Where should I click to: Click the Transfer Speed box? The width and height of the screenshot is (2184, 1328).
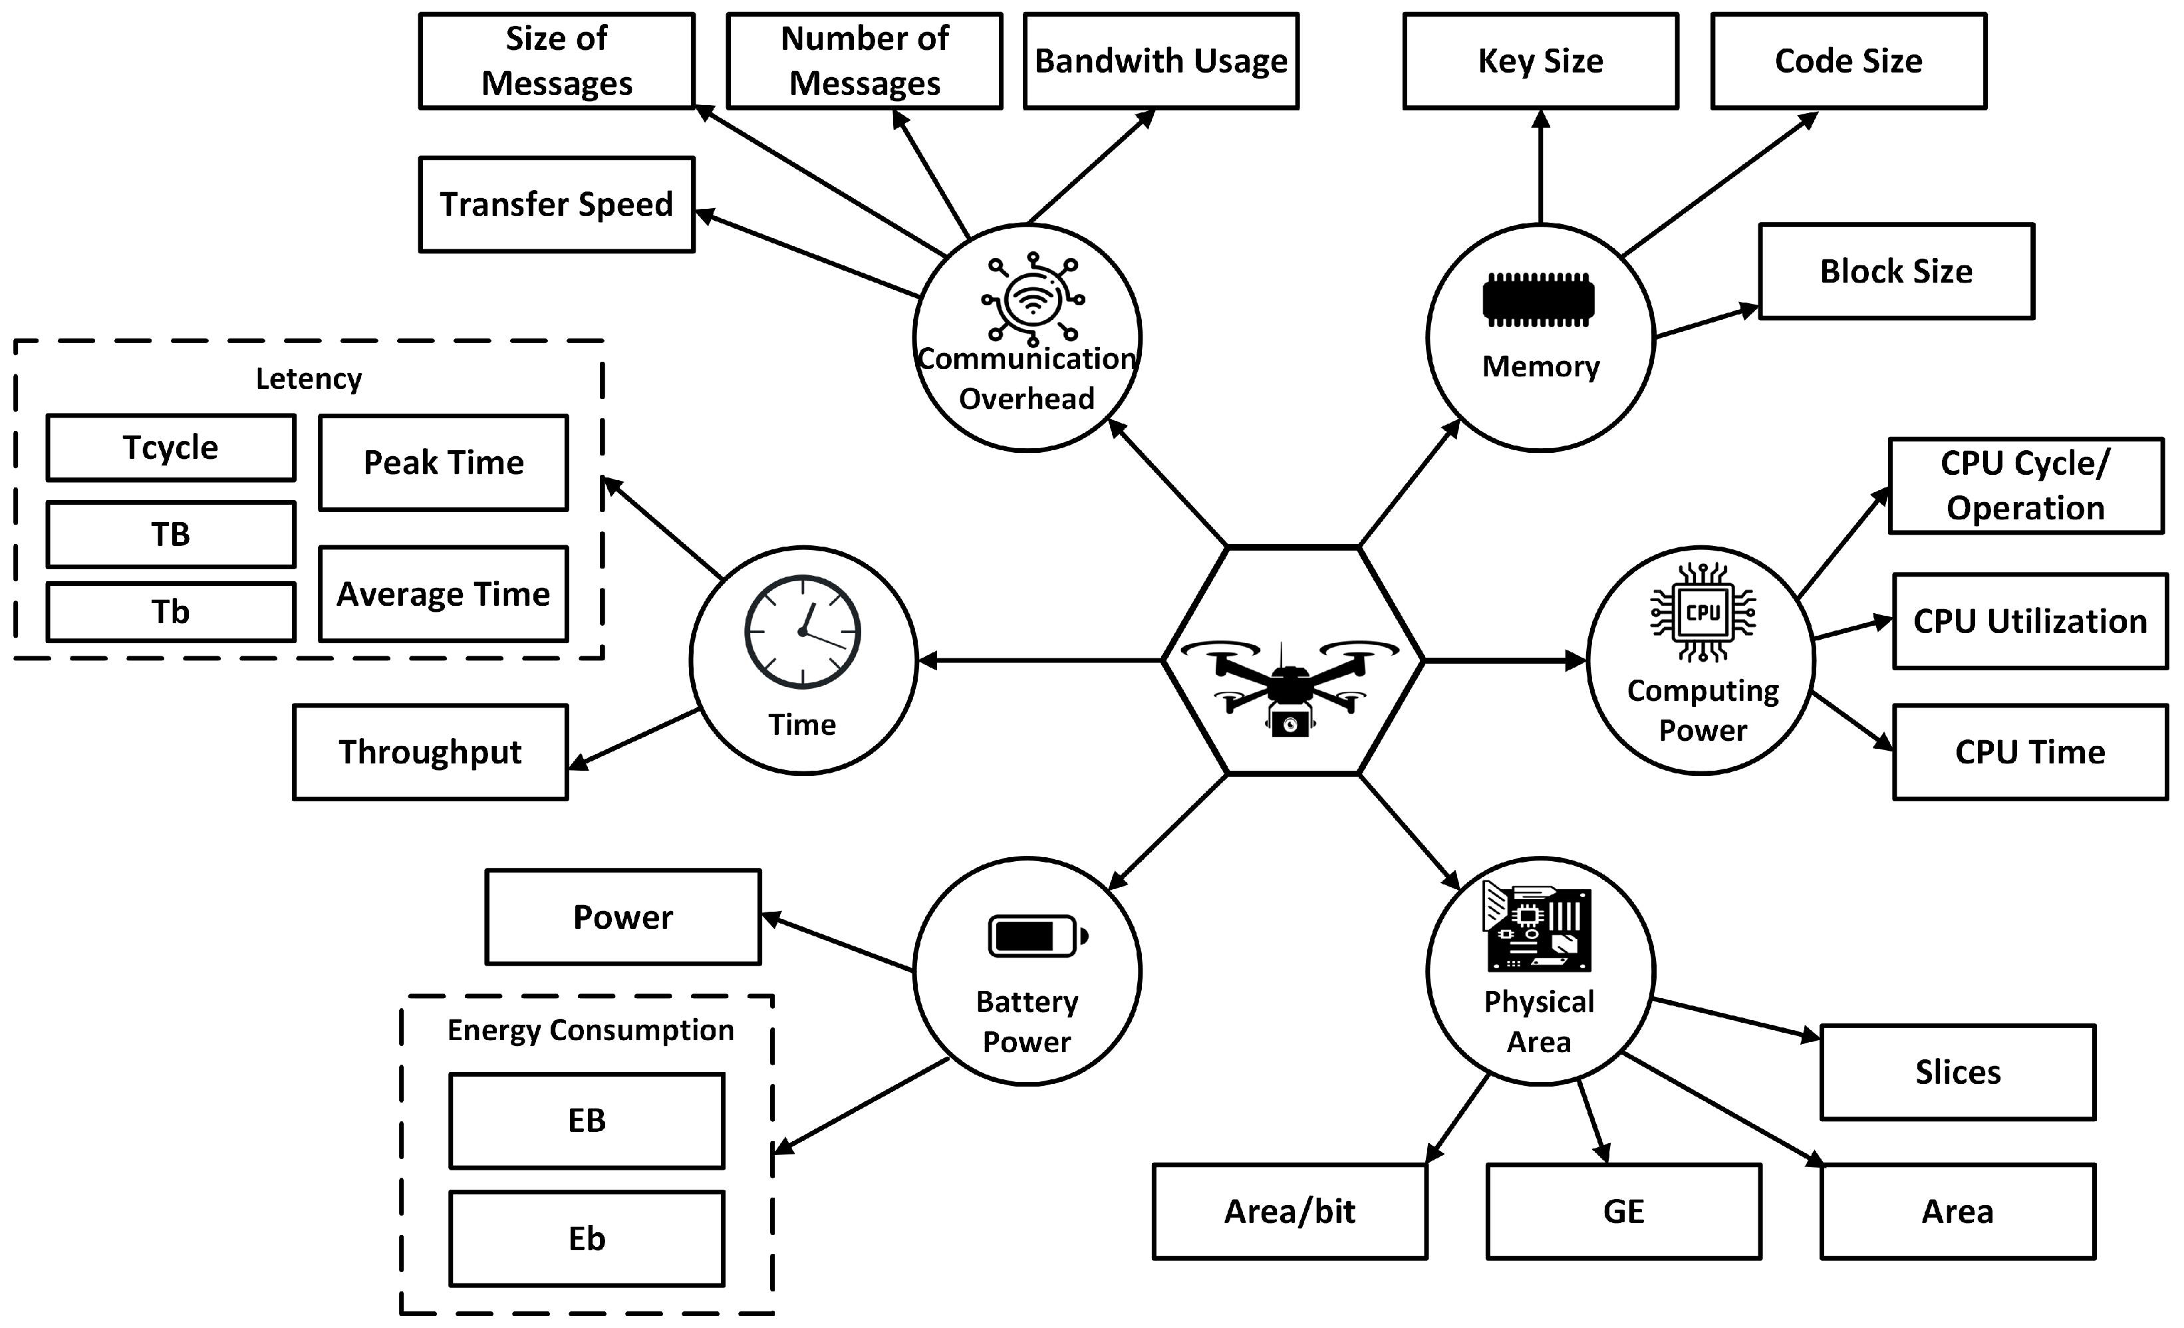pyautogui.click(x=557, y=205)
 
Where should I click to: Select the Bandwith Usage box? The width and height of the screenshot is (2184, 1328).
pyautogui.click(x=1160, y=61)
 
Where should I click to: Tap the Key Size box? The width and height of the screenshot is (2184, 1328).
pyautogui.click(x=1540, y=61)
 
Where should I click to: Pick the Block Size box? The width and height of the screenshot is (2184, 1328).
pyautogui.click(x=1896, y=271)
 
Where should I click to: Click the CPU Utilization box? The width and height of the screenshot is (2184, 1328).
pyautogui.click(x=2030, y=622)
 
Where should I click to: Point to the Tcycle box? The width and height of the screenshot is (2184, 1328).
pyautogui.click(x=170, y=448)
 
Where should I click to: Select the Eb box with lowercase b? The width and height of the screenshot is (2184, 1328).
pyautogui.click(x=587, y=1238)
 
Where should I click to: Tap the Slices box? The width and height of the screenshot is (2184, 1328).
pyautogui.click(x=1957, y=1073)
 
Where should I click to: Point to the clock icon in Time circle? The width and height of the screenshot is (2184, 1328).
pyautogui.click(x=802, y=631)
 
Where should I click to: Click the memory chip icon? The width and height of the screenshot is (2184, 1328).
pyautogui.click(x=1539, y=300)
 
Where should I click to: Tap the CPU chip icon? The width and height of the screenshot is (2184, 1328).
pyautogui.click(x=1702, y=612)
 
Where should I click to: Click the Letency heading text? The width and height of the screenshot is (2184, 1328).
pyautogui.click(x=309, y=378)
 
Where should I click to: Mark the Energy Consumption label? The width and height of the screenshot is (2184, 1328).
pyautogui.click(x=591, y=1030)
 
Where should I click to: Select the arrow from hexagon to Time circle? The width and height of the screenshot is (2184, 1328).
pyautogui.click(x=1037, y=660)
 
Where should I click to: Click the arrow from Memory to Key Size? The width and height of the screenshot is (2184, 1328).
pyautogui.click(x=1540, y=168)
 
